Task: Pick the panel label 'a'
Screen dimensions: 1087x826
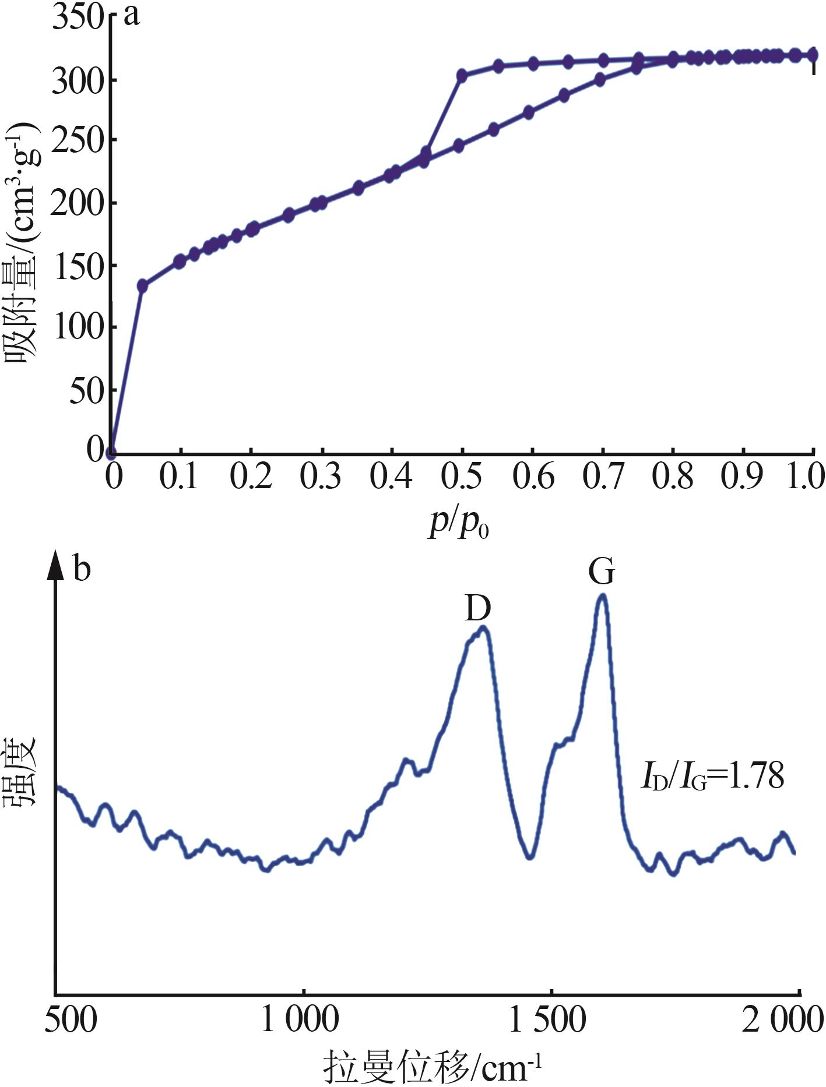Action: point(132,15)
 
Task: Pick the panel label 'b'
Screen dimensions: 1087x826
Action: point(82,568)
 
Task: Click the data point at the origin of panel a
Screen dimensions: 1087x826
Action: point(111,452)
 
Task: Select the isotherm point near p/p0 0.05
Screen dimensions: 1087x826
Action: point(142,285)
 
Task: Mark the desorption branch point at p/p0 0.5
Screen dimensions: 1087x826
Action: point(462,75)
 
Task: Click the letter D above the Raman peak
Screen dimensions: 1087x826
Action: point(478,609)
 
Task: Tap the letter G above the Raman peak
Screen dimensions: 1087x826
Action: point(602,572)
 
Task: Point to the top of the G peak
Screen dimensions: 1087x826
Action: point(603,596)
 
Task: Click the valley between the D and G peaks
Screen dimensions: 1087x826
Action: point(529,857)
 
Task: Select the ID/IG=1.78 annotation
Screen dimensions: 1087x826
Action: point(712,777)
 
